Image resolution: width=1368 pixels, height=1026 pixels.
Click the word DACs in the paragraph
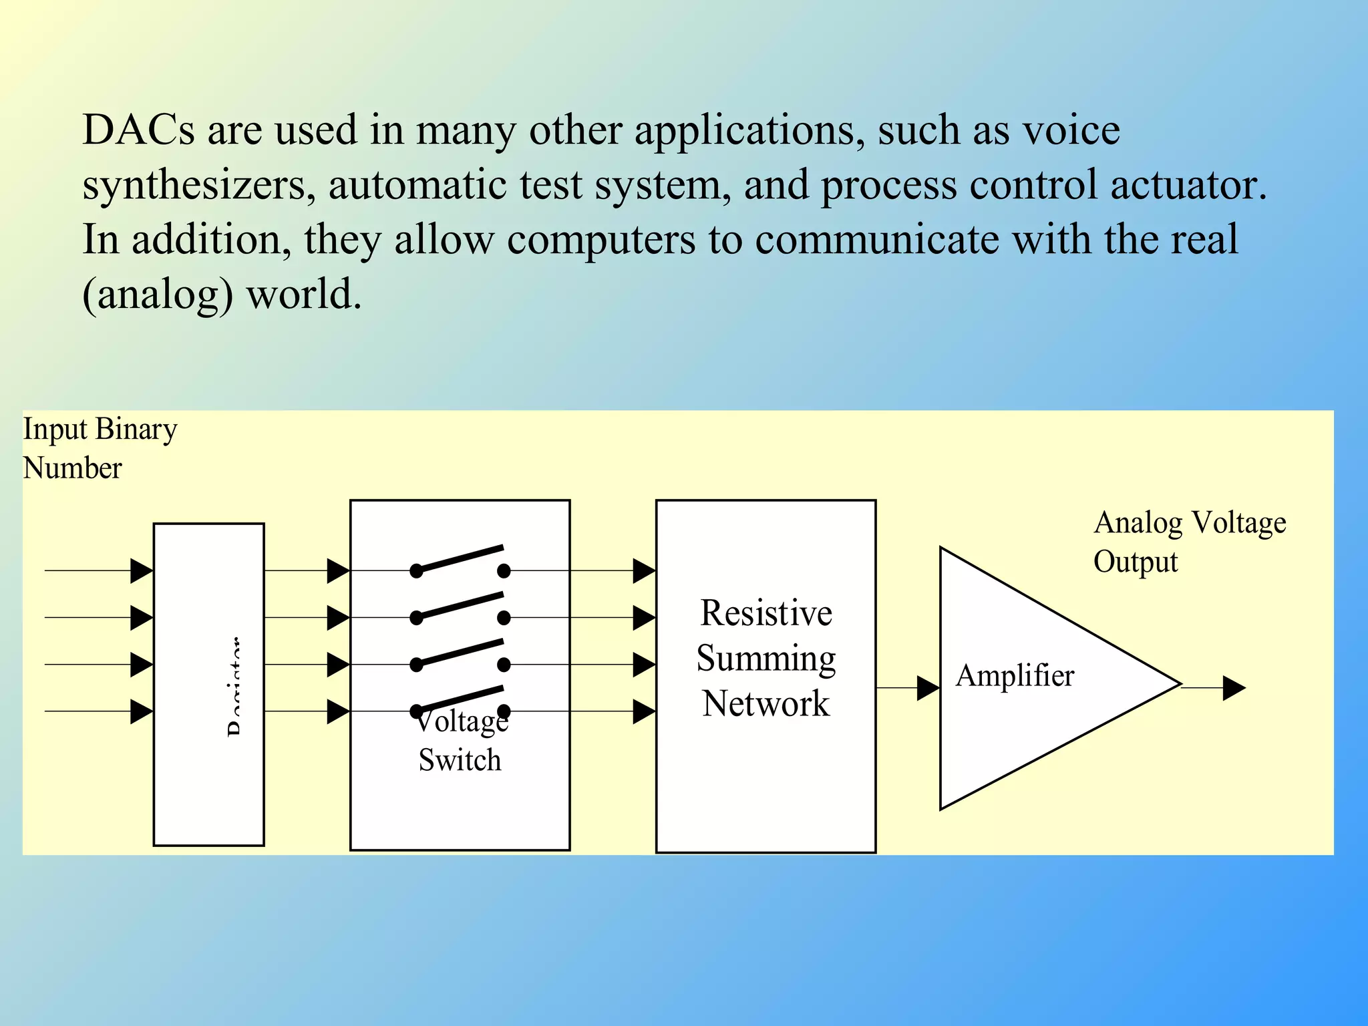tap(138, 130)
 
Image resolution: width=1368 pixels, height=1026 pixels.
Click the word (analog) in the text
tap(158, 295)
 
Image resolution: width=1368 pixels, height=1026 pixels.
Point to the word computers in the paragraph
tap(601, 240)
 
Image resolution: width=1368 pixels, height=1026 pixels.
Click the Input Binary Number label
tap(100, 448)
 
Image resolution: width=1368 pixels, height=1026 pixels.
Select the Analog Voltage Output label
tap(1189, 542)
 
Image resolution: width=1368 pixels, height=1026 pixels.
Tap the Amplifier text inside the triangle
tap(1015, 675)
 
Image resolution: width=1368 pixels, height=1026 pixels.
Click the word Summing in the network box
tap(765, 659)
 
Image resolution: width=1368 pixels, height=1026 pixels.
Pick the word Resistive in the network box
tap(765, 613)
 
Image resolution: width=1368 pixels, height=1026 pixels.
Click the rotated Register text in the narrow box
tap(234, 687)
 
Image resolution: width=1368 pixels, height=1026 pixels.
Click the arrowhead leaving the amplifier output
tap(1234, 687)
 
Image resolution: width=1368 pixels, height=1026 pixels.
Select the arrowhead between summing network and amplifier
tap(928, 687)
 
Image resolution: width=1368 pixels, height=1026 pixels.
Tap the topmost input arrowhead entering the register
tap(141, 571)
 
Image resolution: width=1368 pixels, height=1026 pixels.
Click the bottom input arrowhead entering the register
tap(141, 711)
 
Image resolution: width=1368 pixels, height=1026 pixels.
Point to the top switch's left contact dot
tap(416, 571)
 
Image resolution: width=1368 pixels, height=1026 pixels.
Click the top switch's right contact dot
tap(504, 571)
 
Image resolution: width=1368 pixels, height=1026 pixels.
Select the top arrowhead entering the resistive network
tap(643, 571)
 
